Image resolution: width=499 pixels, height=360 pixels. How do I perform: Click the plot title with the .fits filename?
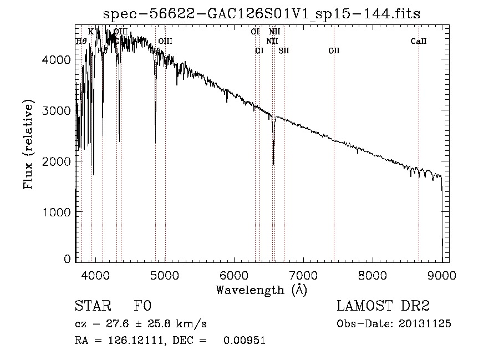click(262, 14)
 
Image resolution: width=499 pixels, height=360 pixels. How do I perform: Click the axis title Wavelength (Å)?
click(261, 289)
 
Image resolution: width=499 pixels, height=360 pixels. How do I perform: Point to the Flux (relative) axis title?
click(28, 144)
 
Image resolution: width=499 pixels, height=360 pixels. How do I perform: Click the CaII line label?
click(419, 41)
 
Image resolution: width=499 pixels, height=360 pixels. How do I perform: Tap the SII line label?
click(284, 50)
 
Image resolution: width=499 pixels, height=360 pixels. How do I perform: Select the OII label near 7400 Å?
click(334, 50)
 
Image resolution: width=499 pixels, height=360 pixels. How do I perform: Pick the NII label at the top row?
click(274, 32)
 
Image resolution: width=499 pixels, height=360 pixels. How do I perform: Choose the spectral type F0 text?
click(142, 306)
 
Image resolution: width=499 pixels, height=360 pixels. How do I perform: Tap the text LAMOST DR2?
click(383, 306)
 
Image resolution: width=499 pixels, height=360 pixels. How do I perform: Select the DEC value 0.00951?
click(245, 341)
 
